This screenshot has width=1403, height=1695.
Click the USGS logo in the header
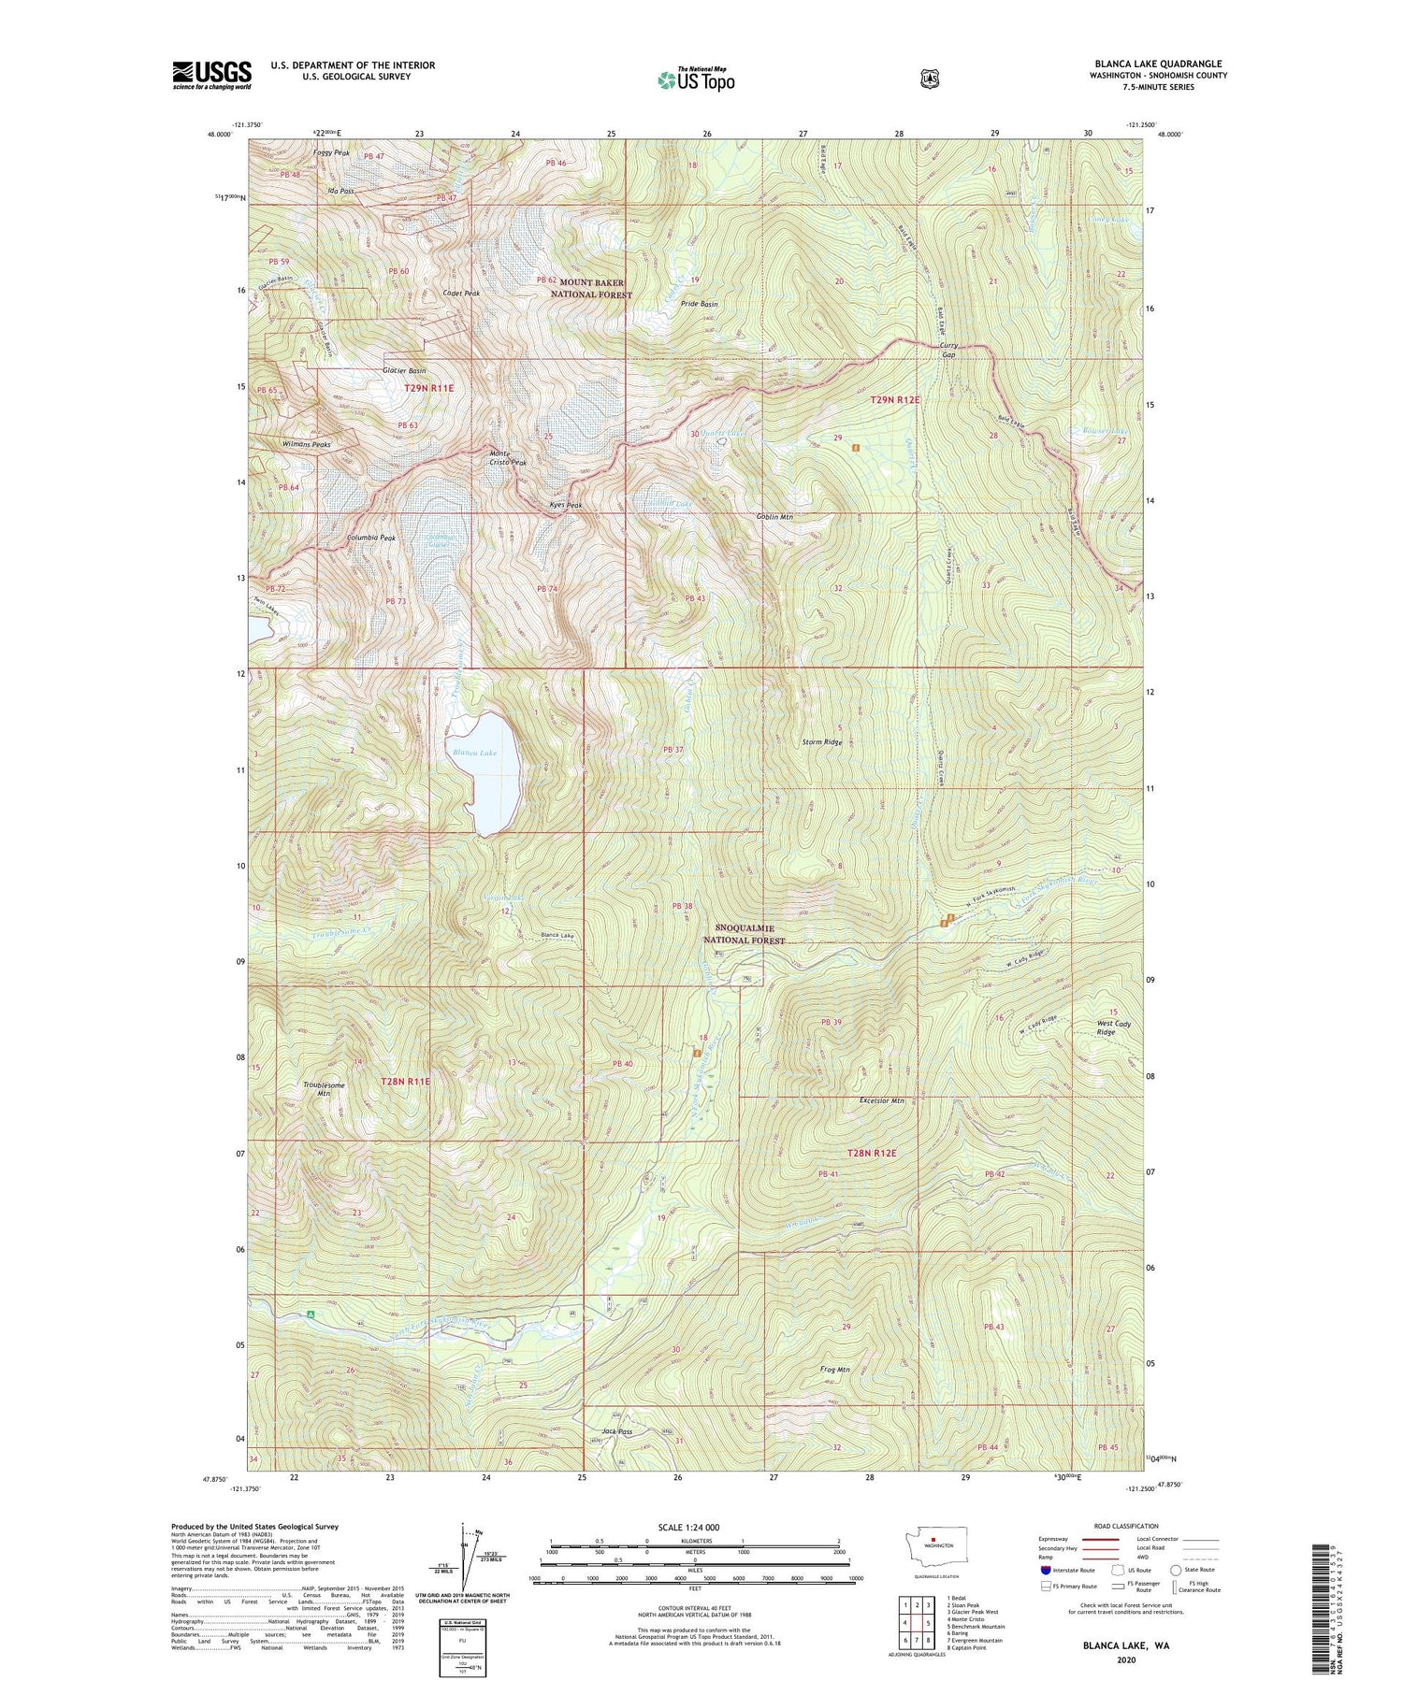click(211, 75)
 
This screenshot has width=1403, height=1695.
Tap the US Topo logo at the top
click(696, 79)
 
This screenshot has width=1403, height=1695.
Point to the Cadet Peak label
click(460, 294)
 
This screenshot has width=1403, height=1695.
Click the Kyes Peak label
click(565, 505)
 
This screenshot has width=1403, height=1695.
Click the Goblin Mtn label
click(775, 516)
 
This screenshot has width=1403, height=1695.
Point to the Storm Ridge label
click(822, 742)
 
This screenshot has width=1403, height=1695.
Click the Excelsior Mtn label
click(882, 1100)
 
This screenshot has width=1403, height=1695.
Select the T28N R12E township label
click(872, 1153)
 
